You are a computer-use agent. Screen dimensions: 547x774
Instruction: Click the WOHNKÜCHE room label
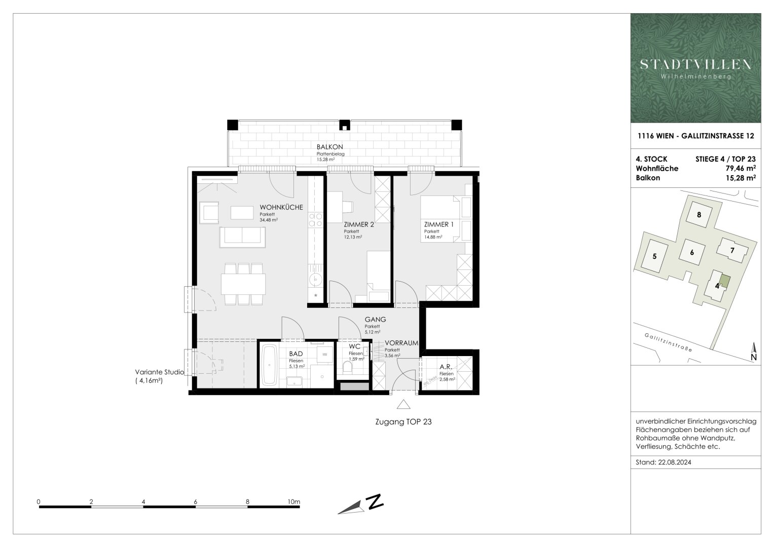coord(281,207)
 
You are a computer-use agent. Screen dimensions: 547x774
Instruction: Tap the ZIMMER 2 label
coord(359,224)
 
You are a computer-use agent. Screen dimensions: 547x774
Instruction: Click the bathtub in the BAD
coord(268,366)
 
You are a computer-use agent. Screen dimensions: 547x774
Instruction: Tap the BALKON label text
coord(330,147)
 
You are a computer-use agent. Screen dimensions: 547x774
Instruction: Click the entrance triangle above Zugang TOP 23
coord(403,404)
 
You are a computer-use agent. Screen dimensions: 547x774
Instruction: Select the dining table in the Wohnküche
coord(243,284)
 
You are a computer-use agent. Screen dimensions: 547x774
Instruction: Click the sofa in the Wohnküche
coord(242,237)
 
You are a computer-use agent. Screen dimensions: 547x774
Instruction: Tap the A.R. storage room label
coord(446,367)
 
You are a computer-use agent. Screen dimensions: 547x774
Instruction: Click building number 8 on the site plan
coord(699,214)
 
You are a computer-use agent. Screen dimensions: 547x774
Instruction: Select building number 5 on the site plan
coord(654,256)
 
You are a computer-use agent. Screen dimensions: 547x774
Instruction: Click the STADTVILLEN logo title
coord(695,64)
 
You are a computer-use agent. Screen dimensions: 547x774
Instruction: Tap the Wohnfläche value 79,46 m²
coord(741,168)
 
